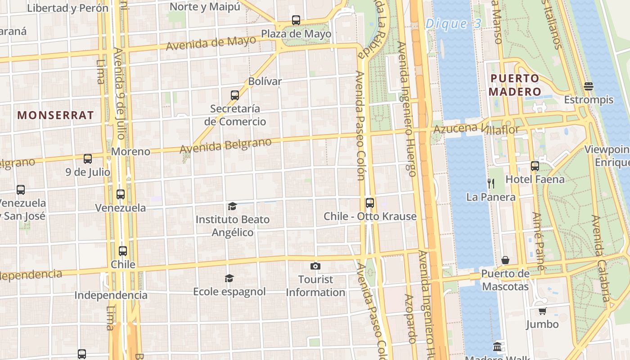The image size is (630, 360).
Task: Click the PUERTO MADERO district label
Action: tap(514, 85)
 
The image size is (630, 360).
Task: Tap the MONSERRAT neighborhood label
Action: tap(56, 115)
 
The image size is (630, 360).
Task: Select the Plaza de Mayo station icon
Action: tap(296, 20)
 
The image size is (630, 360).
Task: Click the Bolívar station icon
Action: tap(234, 95)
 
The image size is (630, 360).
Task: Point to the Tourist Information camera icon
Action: tap(315, 266)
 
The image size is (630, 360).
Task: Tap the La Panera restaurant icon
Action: tap(491, 184)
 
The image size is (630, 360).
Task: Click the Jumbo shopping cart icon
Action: tap(542, 311)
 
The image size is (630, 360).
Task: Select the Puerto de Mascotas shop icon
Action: tap(505, 261)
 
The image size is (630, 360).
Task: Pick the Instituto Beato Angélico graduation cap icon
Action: tap(232, 206)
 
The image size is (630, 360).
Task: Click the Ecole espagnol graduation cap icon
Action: tap(229, 278)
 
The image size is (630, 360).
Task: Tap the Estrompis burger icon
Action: tap(588, 86)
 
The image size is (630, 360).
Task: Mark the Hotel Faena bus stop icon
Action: tap(535, 166)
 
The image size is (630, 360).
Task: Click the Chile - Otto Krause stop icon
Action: tap(369, 203)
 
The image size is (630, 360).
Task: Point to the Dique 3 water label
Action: tap(453, 23)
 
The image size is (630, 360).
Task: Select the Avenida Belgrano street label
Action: tap(225, 146)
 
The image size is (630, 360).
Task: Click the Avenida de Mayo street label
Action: tap(211, 43)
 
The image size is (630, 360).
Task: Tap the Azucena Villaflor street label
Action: tap(476, 130)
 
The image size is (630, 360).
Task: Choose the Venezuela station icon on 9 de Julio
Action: tap(120, 194)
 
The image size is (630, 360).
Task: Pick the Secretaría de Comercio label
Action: tap(235, 115)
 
